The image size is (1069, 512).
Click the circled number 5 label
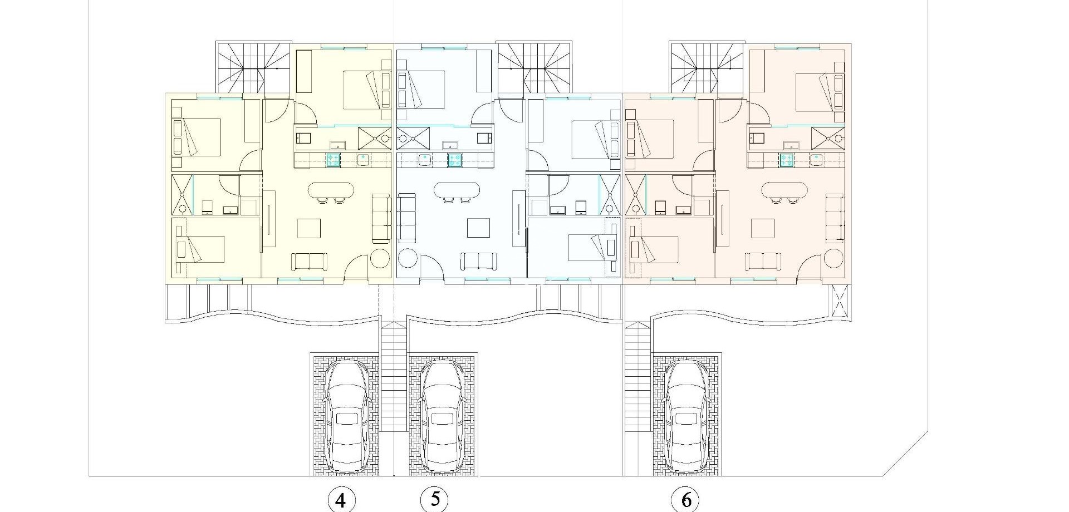click(x=435, y=499)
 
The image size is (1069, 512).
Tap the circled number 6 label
click(x=686, y=500)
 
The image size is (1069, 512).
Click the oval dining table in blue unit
click(x=457, y=191)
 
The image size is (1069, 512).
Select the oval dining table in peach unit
click(x=784, y=191)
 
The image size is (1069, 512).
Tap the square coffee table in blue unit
click(x=478, y=228)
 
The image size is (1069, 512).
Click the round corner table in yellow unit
click(x=380, y=260)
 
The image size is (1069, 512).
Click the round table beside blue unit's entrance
click(x=408, y=260)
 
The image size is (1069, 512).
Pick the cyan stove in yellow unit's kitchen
click(x=333, y=160)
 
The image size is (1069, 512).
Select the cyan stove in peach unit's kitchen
click(x=786, y=160)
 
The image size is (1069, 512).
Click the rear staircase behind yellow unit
click(x=253, y=67)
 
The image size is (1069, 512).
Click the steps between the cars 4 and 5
click(x=394, y=378)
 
